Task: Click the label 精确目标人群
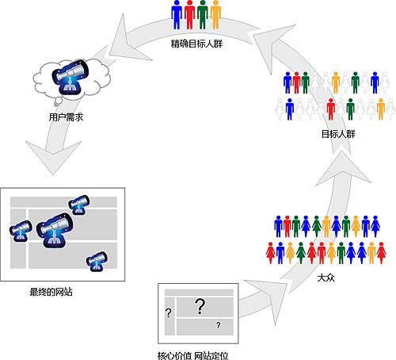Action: coord(196,44)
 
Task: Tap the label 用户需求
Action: coord(66,117)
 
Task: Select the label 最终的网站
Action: coord(51,292)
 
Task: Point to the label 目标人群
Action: coord(338,134)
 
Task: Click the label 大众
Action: coord(326,278)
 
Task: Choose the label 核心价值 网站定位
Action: coord(192,355)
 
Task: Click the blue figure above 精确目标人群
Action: coord(177,14)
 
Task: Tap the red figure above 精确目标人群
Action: coord(189,14)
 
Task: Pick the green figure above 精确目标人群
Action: coord(203,14)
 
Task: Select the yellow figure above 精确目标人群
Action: coord(215,14)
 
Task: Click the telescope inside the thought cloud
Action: coord(70,77)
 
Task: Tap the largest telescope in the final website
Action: coord(55,231)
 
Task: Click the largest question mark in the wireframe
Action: coord(200,306)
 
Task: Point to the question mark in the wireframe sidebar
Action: coord(169,313)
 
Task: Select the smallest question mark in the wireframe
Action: coord(218,325)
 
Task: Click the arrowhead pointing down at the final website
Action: coord(53,158)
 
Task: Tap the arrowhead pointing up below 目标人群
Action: coord(343,168)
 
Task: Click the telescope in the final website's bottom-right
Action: coord(97,262)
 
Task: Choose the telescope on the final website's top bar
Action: coord(78,205)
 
